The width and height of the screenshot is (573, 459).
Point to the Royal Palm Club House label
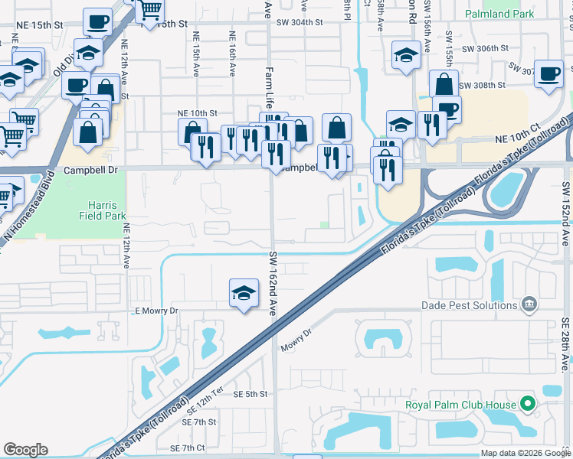point(461,404)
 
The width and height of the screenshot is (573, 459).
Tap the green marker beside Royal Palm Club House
point(527,403)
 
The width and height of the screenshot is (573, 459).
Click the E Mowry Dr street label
point(156,311)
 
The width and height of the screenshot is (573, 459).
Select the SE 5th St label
point(250,394)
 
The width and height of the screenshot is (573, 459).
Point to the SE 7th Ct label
point(188,448)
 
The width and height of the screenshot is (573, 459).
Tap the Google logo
point(26,450)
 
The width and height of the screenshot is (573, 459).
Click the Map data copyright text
point(526,453)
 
